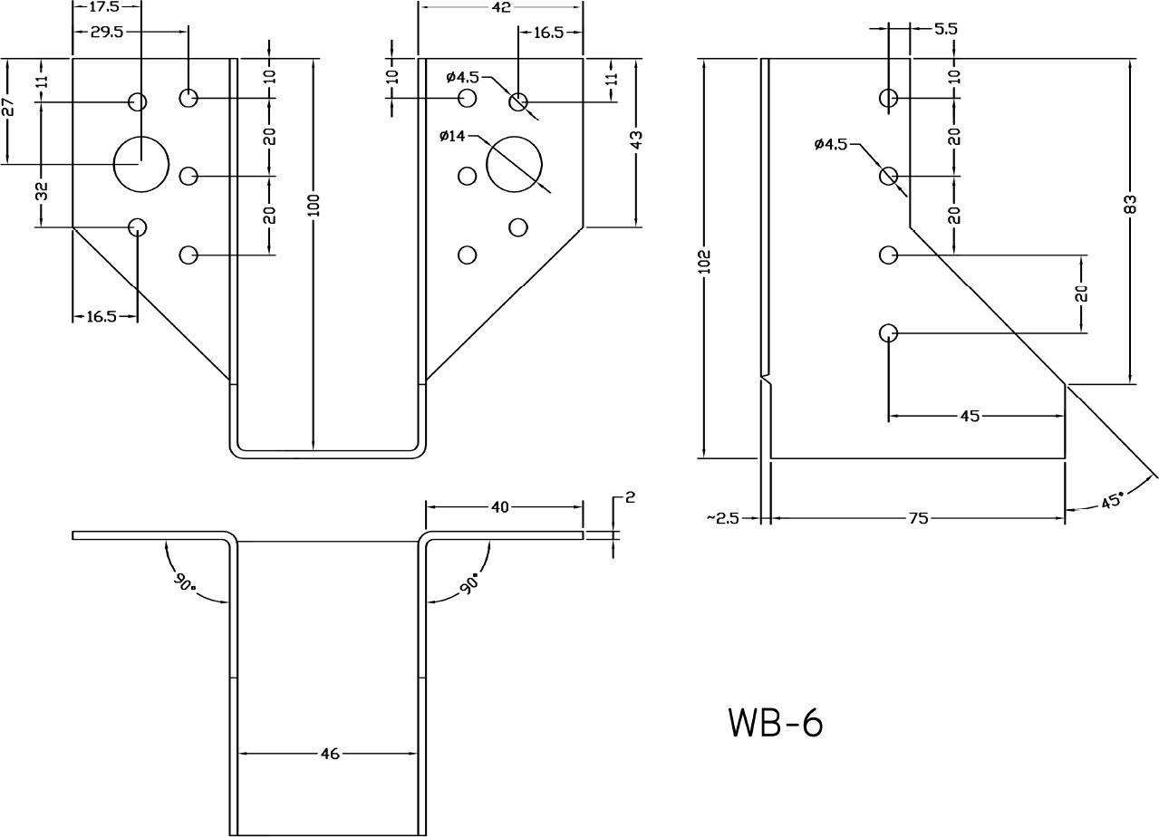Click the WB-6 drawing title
(776, 722)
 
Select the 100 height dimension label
(314, 206)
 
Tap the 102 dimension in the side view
(705, 262)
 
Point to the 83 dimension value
(1131, 204)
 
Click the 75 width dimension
(918, 518)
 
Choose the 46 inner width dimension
(330, 754)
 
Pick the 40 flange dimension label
(500, 507)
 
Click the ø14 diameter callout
(452, 136)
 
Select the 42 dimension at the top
(501, 7)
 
